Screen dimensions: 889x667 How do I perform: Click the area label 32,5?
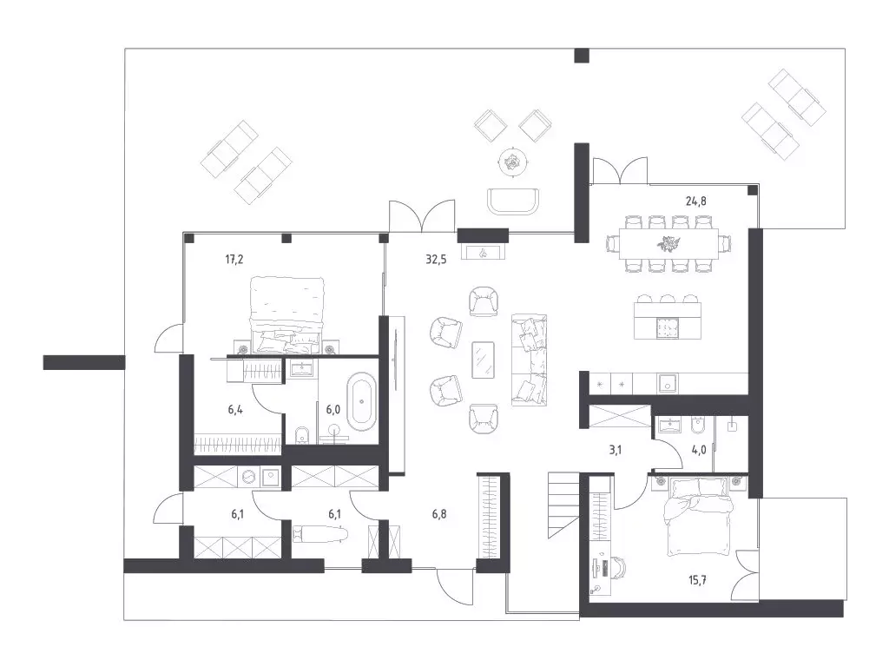coord(436,260)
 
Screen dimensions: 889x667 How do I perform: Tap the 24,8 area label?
coord(695,201)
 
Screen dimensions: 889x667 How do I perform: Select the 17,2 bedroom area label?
coord(234,260)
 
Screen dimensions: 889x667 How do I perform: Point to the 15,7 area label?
coord(697,580)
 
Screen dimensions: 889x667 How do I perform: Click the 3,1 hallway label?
coord(616,451)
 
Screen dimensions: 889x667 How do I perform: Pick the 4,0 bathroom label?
coord(699,451)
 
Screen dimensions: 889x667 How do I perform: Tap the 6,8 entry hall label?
coord(439,514)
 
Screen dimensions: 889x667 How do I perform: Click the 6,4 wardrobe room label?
coord(235,409)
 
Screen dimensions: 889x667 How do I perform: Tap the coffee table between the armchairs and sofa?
coord(483,359)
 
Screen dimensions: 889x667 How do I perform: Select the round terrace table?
coord(513,162)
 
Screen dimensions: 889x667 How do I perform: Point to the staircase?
coord(563,505)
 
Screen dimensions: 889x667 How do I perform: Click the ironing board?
coord(319,533)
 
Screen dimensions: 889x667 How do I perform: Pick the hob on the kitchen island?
coord(667,327)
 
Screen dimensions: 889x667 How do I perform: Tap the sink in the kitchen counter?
coord(668,383)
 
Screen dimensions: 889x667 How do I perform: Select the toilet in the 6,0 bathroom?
coord(302,435)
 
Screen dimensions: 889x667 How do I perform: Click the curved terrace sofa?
coord(513,201)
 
